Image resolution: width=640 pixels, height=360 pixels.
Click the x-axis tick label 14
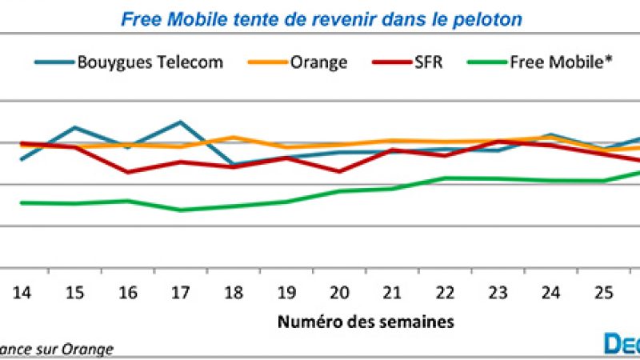click(x=22, y=294)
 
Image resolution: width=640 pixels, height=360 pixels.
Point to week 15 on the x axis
click(x=74, y=294)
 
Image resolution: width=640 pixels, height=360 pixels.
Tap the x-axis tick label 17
click(x=181, y=294)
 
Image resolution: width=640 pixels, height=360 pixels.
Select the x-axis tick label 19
click(x=286, y=294)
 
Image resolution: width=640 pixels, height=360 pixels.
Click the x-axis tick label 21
click(x=393, y=294)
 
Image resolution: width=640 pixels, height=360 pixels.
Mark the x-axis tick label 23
click(x=498, y=294)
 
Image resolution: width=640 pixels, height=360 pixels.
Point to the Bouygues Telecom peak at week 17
click(x=181, y=122)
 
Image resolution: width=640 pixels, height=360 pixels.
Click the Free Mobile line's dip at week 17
click(x=181, y=210)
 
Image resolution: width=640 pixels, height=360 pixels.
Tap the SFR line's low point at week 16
click(x=128, y=172)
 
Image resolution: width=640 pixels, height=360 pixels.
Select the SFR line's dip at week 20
click(x=340, y=171)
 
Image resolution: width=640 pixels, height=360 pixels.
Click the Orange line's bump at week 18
click(x=234, y=137)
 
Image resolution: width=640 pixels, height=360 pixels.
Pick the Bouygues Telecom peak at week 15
click(x=74, y=127)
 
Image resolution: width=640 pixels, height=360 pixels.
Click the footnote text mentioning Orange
click(x=56, y=349)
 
